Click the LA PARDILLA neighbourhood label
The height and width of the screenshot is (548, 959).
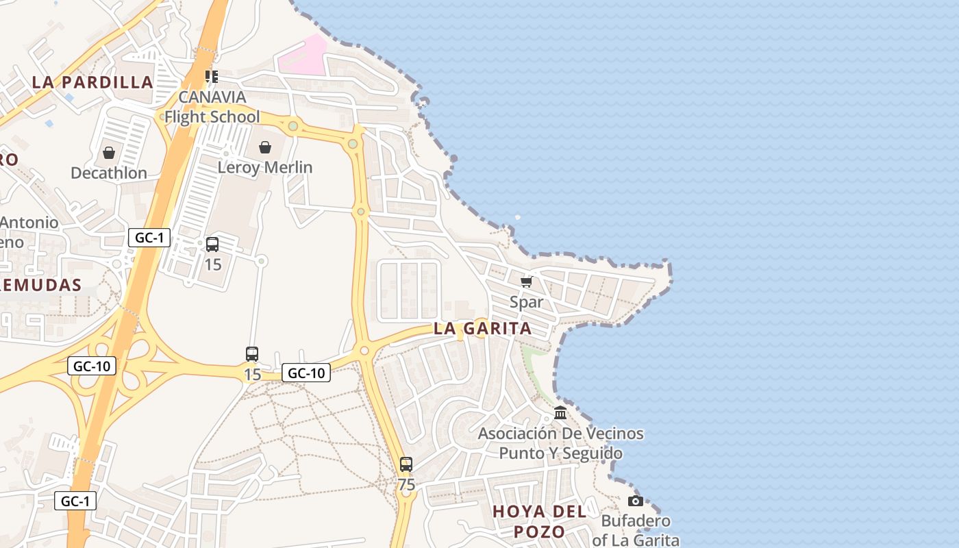[x=92, y=82]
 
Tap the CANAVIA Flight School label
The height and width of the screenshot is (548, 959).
[x=212, y=107]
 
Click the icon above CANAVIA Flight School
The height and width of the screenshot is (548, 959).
[x=212, y=76]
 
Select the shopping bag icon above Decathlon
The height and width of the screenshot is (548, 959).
[x=109, y=153]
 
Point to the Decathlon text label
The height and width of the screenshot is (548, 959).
[x=109, y=173]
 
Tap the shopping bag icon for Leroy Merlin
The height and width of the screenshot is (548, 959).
[x=265, y=147]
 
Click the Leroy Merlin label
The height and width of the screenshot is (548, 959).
[x=265, y=167]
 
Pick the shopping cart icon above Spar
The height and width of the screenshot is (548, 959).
[x=527, y=282]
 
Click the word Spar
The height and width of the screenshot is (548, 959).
[x=527, y=302]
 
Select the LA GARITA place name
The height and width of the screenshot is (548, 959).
[x=483, y=328]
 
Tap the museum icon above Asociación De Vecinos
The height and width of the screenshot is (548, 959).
[x=560, y=413]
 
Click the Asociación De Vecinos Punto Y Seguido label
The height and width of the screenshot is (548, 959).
[x=560, y=443]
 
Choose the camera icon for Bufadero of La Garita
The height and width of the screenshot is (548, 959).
[x=636, y=501]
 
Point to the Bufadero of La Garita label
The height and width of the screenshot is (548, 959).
[x=636, y=530]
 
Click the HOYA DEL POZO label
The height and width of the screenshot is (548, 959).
[x=539, y=521]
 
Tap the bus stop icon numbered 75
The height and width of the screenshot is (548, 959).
[x=406, y=464]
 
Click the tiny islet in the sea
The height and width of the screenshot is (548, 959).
[x=517, y=218]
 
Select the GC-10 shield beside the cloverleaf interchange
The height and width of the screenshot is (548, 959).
[x=92, y=366]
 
